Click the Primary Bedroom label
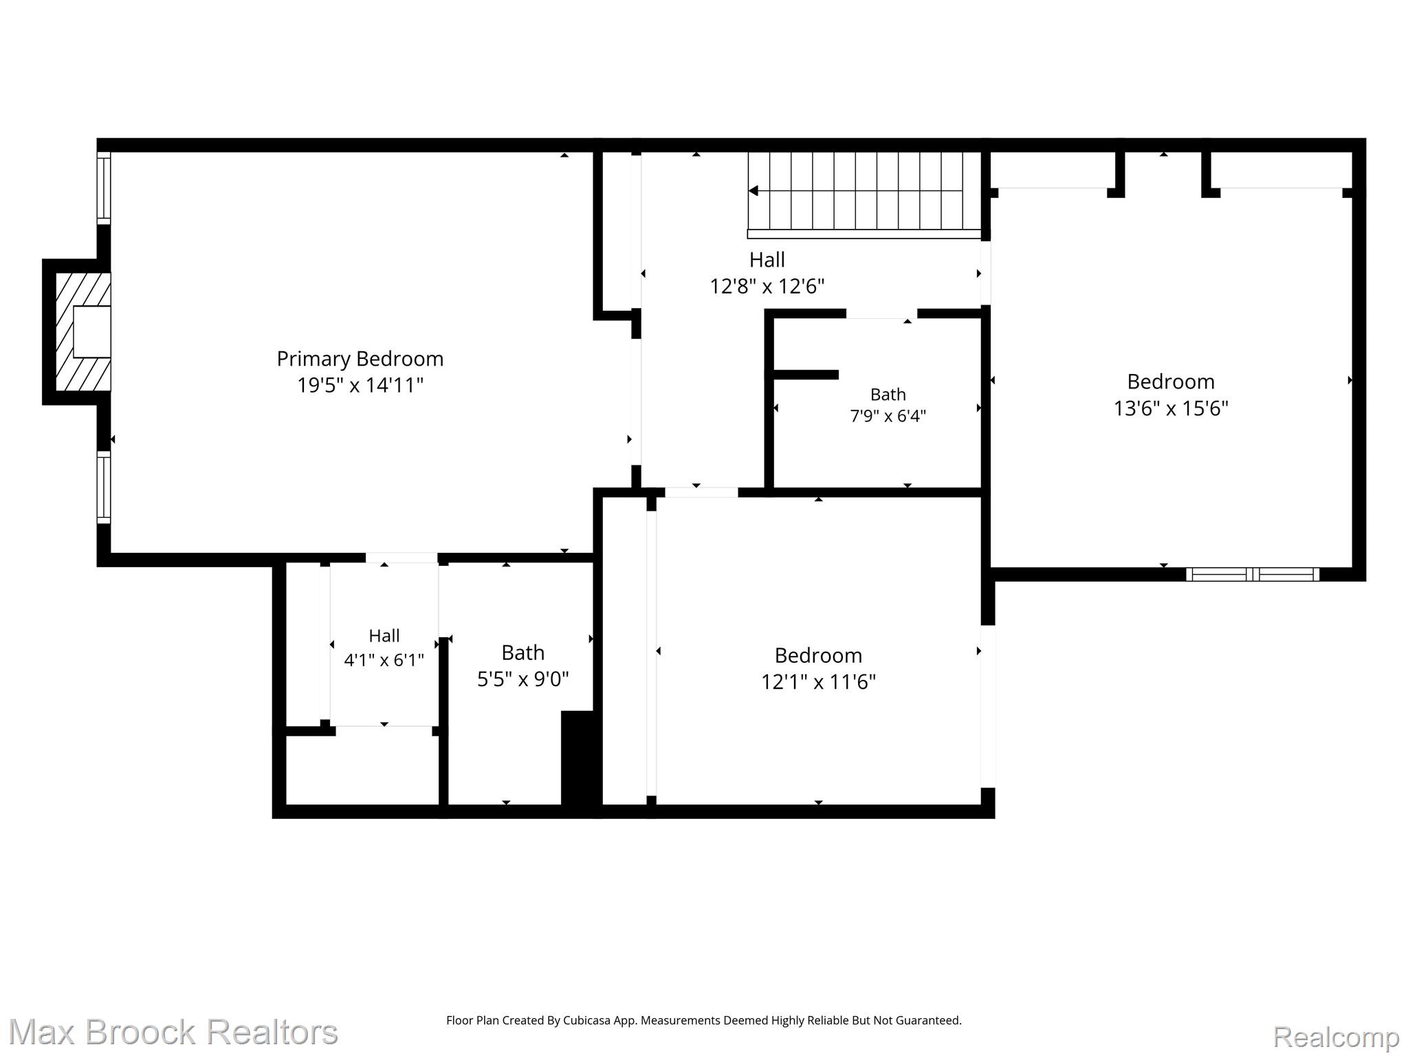click(360, 359)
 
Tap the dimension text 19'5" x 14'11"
click(360, 385)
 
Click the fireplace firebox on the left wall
click(91, 331)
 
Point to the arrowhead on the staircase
click(753, 190)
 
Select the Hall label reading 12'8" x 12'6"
click(767, 260)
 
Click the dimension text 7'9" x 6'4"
click(888, 416)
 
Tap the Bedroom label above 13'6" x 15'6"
click(1170, 382)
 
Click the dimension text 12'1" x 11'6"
click(818, 682)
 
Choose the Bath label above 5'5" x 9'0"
click(522, 652)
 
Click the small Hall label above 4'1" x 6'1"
click(384, 636)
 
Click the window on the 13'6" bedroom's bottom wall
click(1253, 574)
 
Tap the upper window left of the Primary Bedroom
click(103, 188)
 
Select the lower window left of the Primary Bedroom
click(103, 487)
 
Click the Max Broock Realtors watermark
click(173, 1032)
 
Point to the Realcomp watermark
click(1336, 1037)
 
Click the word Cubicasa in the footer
click(588, 1020)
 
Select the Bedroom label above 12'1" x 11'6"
click(818, 655)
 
